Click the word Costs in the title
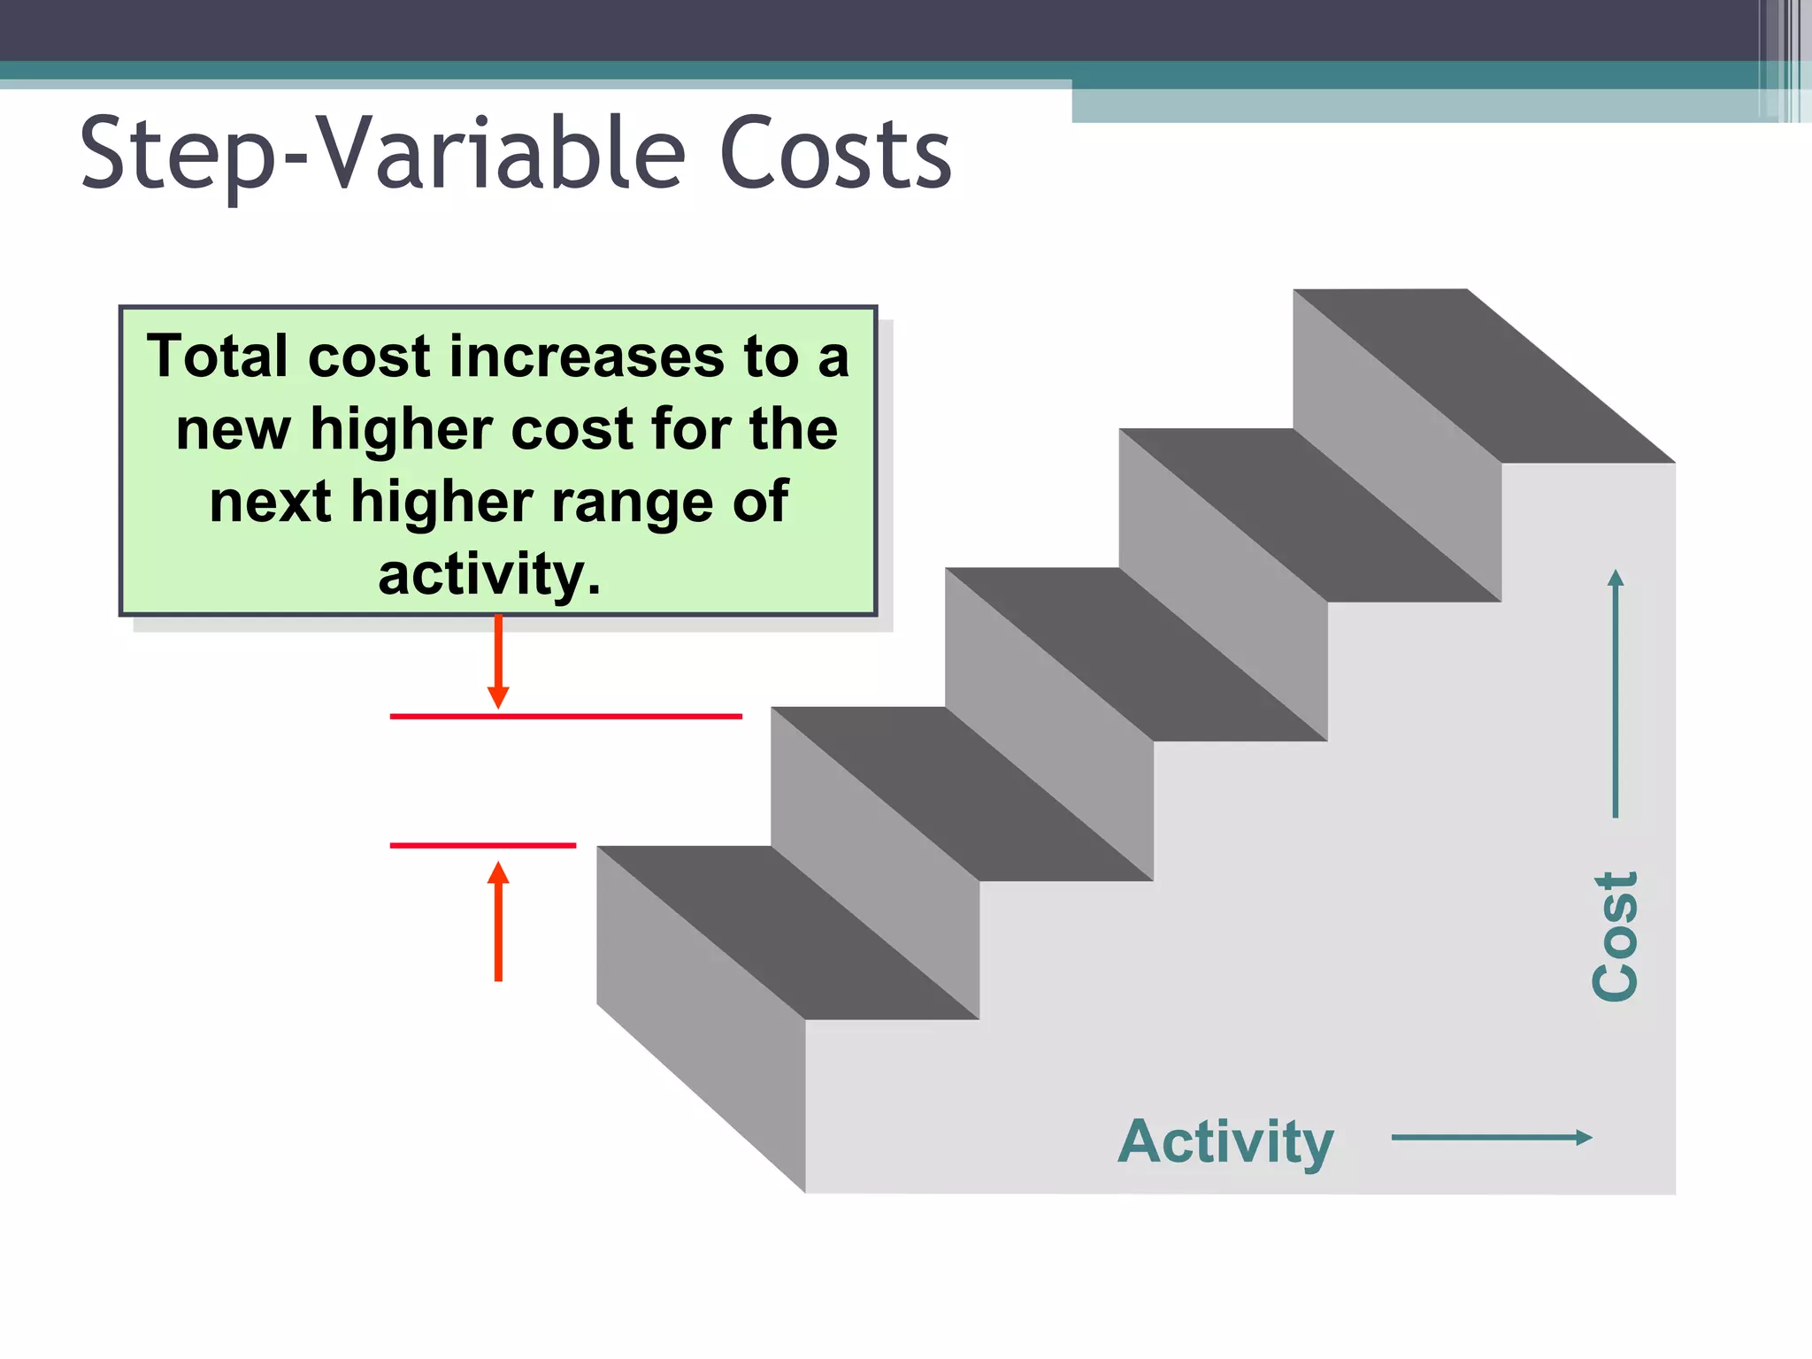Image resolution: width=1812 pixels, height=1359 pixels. (x=835, y=155)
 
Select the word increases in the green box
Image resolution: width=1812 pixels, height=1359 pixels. (x=587, y=357)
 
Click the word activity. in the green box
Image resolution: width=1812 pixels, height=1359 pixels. (x=489, y=574)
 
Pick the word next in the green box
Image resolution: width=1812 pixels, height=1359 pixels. (x=270, y=502)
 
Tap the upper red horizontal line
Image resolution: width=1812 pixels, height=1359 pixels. (x=566, y=716)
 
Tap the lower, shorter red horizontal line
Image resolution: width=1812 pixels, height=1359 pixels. (x=482, y=846)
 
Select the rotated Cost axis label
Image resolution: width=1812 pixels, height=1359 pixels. (x=1615, y=936)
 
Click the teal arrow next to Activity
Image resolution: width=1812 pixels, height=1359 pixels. (x=1492, y=1138)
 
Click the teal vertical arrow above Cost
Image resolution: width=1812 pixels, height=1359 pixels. (x=1616, y=694)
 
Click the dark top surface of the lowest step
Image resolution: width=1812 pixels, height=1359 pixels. (x=787, y=933)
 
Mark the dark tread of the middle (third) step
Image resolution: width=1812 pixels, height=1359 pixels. (x=1136, y=654)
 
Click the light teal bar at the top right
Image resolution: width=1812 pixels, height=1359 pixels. (x=1416, y=105)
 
